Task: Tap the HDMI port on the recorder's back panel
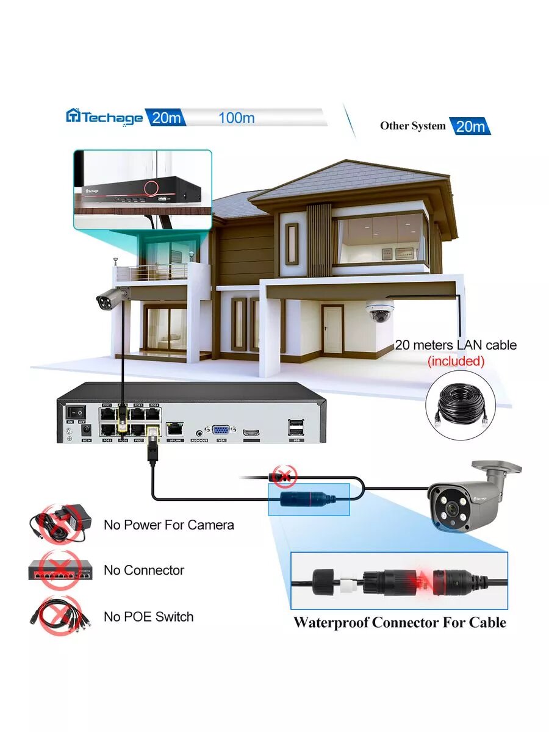tap(250, 432)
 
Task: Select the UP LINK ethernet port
tap(175, 428)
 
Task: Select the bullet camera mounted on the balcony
tap(112, 298)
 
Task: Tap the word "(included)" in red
tap(456, 361)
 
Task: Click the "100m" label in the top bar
tap(236, 118)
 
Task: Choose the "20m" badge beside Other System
tap(470, 126)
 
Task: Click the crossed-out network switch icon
tap(60, 570)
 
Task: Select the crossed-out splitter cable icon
tap(60, 616)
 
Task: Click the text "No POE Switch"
tap(148, 617)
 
